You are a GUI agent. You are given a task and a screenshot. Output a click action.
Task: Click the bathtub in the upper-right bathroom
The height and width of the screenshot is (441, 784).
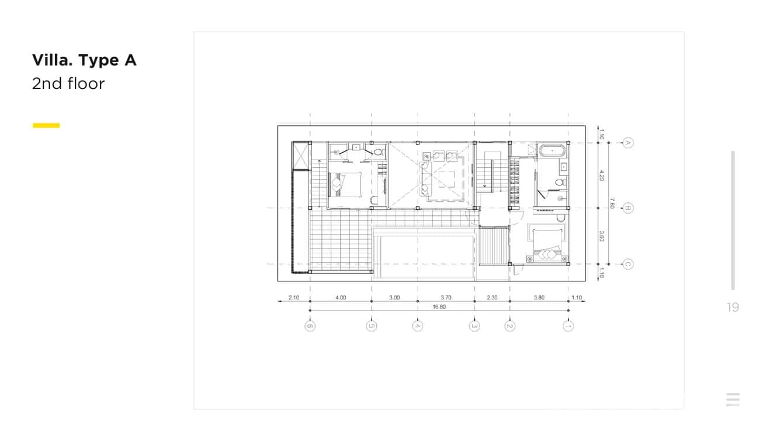tap(552, 151)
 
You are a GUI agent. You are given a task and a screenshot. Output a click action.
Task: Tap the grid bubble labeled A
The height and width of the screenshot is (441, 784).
tap(628, 143)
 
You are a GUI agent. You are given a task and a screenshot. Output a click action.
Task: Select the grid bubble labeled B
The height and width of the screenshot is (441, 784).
tap(628, 208)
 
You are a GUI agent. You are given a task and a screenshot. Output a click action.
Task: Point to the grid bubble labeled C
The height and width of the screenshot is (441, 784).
tap(628, 264)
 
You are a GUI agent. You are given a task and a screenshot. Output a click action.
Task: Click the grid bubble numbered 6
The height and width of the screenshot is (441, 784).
tap(310, 326)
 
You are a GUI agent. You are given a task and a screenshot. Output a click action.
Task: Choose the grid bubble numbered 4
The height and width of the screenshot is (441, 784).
tap(417, 326)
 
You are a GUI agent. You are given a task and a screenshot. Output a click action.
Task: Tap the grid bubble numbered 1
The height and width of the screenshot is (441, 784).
tap(568, 326)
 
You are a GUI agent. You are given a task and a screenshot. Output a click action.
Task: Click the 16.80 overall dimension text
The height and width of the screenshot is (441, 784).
tap(439, 307)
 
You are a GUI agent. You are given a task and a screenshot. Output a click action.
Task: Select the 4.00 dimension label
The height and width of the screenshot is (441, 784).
tap(341, 297)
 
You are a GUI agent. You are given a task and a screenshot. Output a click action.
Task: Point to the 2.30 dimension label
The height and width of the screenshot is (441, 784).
tap(492, 297)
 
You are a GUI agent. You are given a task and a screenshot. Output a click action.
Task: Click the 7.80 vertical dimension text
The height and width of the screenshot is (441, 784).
tap(612, 203)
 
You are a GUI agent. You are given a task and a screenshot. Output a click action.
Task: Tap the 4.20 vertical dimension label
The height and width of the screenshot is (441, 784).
tap(601, 175)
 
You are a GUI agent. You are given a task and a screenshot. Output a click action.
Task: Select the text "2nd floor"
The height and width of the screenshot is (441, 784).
tap(68, 84)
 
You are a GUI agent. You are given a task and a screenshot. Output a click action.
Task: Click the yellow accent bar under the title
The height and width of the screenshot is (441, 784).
tap(46, 125)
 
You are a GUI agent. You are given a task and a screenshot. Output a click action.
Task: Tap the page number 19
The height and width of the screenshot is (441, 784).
tap(733, 307)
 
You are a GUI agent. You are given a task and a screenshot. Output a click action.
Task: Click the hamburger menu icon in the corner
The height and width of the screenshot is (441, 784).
tap(733, 399)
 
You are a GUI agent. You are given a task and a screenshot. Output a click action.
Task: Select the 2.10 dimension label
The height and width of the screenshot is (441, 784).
tap(294, 297)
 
